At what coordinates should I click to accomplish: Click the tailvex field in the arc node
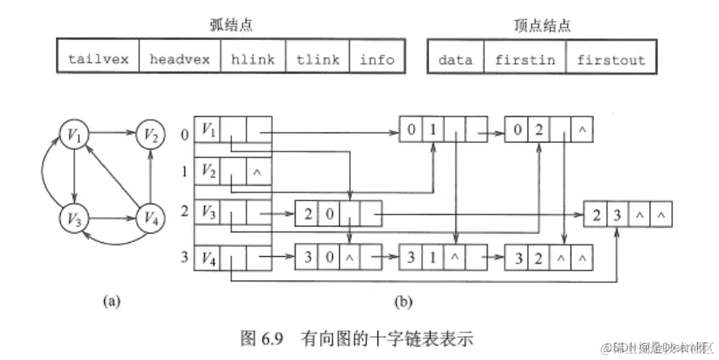pos(98,59)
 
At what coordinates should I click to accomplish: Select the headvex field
pos(179,59)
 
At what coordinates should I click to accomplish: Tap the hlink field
pos(253,59)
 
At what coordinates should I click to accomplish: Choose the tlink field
pos(317,59)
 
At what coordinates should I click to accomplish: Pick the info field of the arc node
pos(376,59)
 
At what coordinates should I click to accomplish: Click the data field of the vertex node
pos(455,59)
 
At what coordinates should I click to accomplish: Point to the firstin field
pos(524,59)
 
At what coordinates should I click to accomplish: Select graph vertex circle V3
pos(74,215)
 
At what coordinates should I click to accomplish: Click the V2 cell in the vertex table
pos(208,171)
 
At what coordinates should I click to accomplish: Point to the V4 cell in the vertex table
pos(208,256)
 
